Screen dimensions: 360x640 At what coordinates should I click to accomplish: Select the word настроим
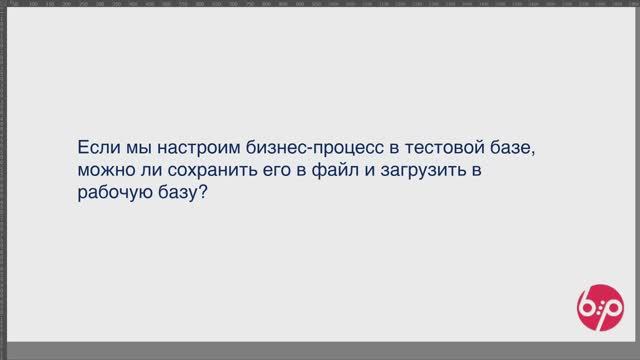coord(182,147)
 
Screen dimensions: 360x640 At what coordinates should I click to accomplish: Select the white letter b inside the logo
coord(587,304)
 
